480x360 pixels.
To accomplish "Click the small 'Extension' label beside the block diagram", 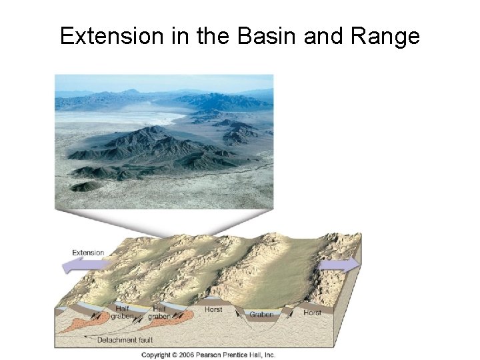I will pyautogui.click(x=88, y=253).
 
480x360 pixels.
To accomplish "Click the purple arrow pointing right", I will pyautogui.click(x=340, y=265).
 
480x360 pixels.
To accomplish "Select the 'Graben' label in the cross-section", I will pyautogui.click(x=261, y=315).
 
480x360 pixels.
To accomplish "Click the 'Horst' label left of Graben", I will pyautogui.click(x=213, y=310).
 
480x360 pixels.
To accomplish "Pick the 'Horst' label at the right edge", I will pyautogui.click(x=312, y=312).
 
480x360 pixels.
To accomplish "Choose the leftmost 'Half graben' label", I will pyautogui.click(x=122, y=312).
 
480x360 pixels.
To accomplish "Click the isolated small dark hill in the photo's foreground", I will pyautogui.click(x=86, y=185).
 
